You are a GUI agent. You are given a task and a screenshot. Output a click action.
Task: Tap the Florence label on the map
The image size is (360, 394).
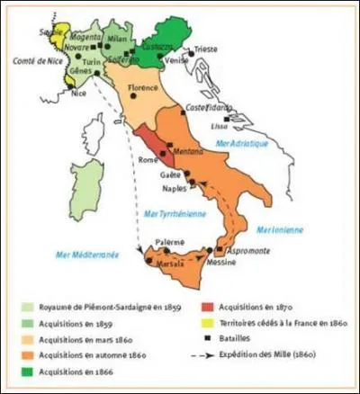142,87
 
